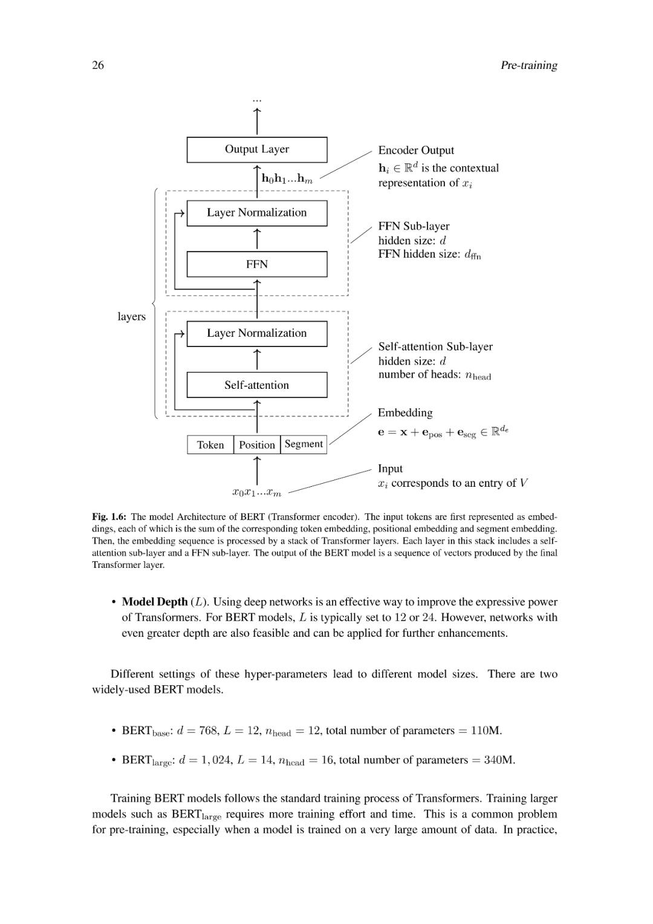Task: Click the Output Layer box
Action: point(257,149)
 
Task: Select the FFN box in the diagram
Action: point(257,264)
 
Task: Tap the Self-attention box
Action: point(257,385)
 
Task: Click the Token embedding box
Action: point(210,445)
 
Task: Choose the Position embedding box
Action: point(257,445)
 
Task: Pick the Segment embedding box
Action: point(304,444)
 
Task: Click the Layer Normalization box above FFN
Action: point(257,213)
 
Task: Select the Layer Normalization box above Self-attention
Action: point(257,333)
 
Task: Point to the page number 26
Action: point(98,65)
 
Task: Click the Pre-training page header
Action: point(528,65)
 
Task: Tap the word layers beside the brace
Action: point(132,316)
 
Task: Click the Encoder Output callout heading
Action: point(416,150)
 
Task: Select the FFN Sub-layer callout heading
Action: point(414,226)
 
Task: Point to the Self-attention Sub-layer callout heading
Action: point(435,346)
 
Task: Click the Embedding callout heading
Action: point(405,413)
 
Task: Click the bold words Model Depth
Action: point(155,602)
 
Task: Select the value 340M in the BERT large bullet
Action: point(499,760)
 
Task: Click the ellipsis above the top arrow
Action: point(257,99)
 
